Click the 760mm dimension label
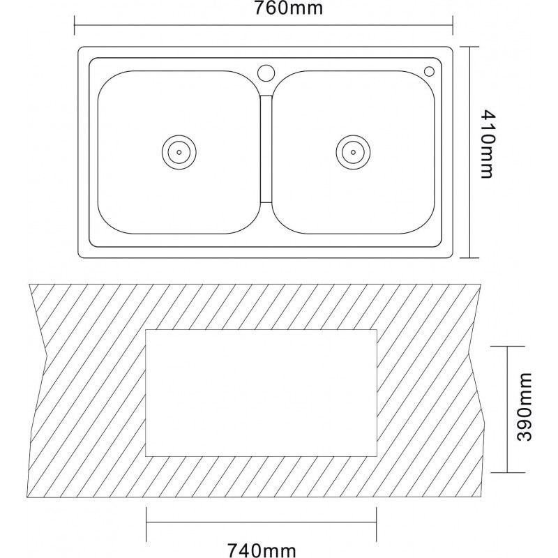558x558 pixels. (x=288, y=8)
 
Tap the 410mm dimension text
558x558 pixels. (x=487, y=144)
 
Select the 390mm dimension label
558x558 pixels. (x=524, y=407)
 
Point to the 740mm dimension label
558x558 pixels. (x=262, y=550)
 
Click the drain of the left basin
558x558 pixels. (x=179, y=152)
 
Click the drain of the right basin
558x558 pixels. (x=353, y=152)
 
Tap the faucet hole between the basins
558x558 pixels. (x=266, y=73)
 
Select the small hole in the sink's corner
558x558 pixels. (x=429, y=72)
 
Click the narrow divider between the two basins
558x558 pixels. (x=266, y=149)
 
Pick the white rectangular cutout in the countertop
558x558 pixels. (x=261, y=393)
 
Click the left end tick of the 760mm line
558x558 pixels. (x=75, y=25)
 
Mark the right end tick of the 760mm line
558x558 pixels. (x=453, y=25)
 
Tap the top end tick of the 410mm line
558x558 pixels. (x=469, y=47)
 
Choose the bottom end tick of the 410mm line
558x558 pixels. (x=469, y=257)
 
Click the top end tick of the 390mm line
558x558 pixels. (x=507, y=346)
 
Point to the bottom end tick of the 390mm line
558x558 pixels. (x=507, y=473)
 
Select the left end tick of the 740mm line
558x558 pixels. (x=146, y=522)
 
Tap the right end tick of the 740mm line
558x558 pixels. (x=377, y=522)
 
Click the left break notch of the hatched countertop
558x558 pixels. (x=47, y=355)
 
